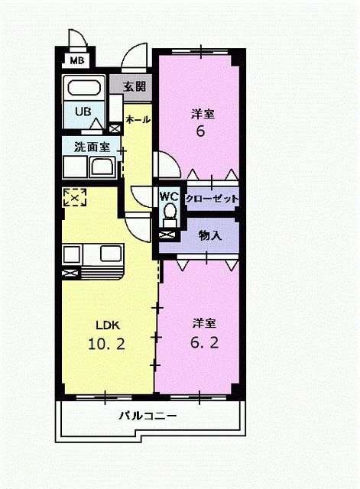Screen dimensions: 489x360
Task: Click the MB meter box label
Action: (77, 60)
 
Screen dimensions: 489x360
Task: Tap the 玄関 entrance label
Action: (135, 86)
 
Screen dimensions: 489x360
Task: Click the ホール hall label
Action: (138, 120)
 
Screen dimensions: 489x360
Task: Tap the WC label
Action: (168, 196)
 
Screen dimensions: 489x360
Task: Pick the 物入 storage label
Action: (209, 235)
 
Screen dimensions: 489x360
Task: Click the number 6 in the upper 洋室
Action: (201, 131)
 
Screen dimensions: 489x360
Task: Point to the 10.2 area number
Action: (105, 343)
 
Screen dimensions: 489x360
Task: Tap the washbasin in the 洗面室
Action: (101, 167)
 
